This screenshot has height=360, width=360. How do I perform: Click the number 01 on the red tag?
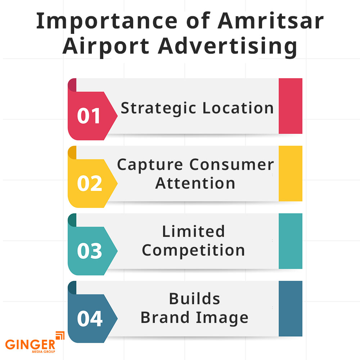(89, 116)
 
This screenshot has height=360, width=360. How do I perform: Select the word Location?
(238, 108)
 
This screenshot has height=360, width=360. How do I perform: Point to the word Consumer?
(232, 165)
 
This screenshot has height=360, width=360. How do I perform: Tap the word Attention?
(195, 183)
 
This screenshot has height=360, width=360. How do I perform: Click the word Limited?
(194, 231)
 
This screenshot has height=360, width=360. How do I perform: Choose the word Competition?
(194, 250)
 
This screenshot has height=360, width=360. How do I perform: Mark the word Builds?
(195, 299)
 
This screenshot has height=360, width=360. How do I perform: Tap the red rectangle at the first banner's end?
(290, 106)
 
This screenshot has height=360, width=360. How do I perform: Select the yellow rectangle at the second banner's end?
(290, 174)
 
